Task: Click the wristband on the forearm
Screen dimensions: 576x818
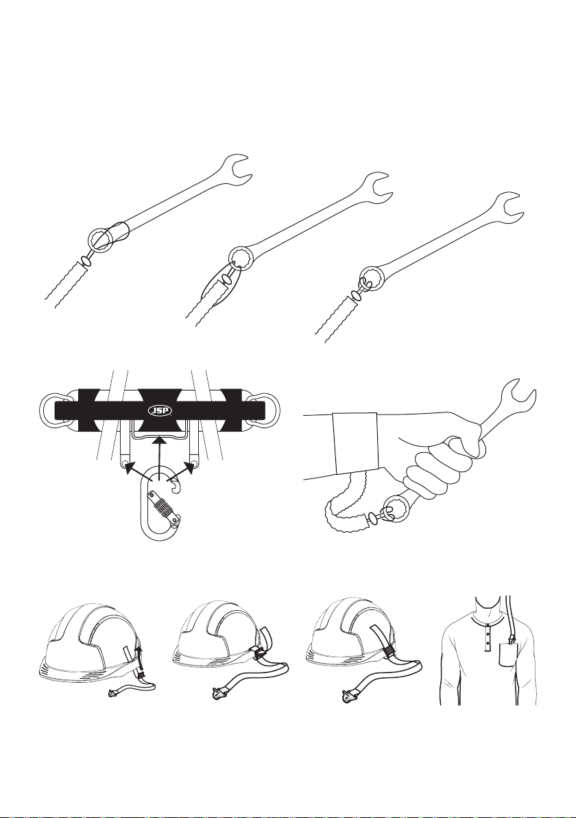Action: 356,443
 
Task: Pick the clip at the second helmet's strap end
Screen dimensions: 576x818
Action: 214,693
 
